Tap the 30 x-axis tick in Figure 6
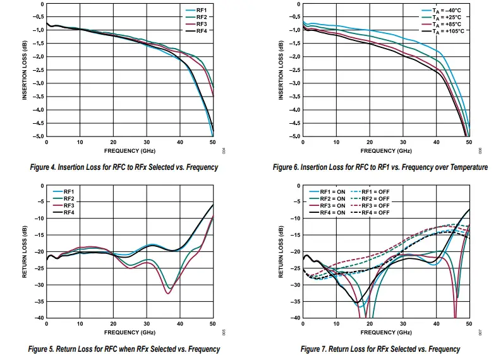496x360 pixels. coord(402,143)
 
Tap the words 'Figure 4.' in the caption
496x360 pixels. coord(46,167)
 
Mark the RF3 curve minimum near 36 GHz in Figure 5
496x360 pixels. coord(167,294)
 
